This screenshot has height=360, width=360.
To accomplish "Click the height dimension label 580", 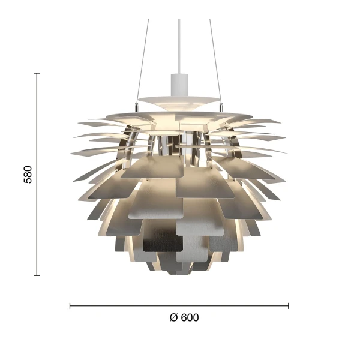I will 28,174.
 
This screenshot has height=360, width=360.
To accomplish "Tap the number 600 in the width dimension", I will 190,318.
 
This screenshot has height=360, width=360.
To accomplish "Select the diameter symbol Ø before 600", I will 173,318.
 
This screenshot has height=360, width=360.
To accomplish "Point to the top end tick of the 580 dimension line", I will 37,73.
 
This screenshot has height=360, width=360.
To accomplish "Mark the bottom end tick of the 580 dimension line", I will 37,275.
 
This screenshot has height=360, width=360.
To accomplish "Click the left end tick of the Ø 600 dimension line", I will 70,305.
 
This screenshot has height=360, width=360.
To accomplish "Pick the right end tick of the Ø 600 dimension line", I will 289,305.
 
